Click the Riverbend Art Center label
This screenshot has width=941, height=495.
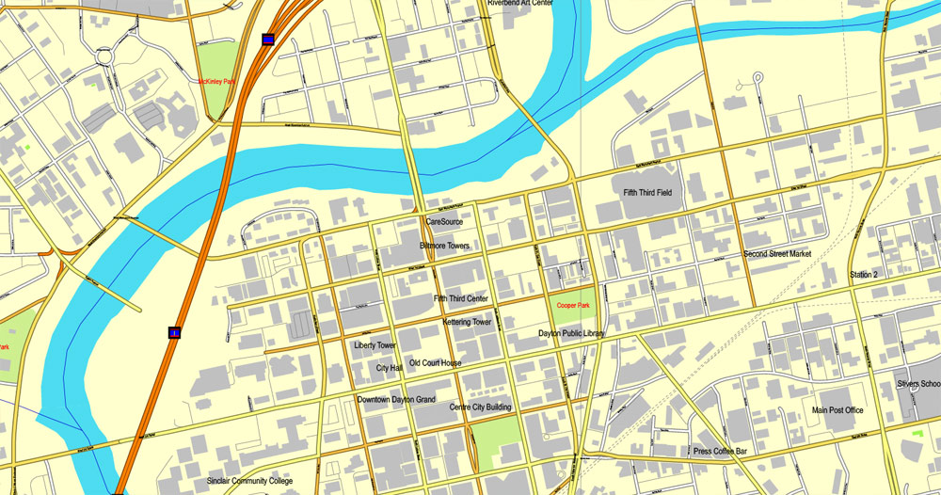(520, 4)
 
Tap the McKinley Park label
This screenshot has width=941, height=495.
(216, 82)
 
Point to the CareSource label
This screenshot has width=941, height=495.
(445, 222)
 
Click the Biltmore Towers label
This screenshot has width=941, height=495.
(444, 246)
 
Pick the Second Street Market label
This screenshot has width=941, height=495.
(776, 254)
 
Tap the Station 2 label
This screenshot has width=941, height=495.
(863, 275)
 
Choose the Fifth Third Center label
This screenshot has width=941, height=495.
(461, 299)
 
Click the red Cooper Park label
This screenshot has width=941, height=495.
(572, 306)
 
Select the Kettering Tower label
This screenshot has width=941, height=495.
(467, 322)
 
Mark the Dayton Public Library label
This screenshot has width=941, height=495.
(571, 333)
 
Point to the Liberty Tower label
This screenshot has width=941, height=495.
(375, 345)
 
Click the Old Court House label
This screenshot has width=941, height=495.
(436, 363)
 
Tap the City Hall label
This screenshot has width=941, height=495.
(389, 368)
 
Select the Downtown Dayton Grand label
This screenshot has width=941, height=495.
(396, 400)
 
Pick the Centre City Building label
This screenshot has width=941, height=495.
(480, 407)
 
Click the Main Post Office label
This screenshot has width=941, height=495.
(837, 410)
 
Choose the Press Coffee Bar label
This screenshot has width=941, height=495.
(720, 452)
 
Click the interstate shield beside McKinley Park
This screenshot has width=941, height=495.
(269, 40)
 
